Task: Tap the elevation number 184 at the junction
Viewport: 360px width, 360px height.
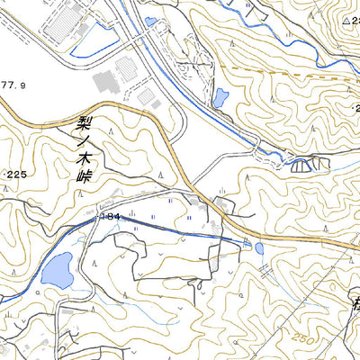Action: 111,217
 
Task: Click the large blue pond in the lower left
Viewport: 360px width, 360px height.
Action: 57,267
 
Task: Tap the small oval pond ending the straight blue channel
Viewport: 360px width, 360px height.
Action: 259,248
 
